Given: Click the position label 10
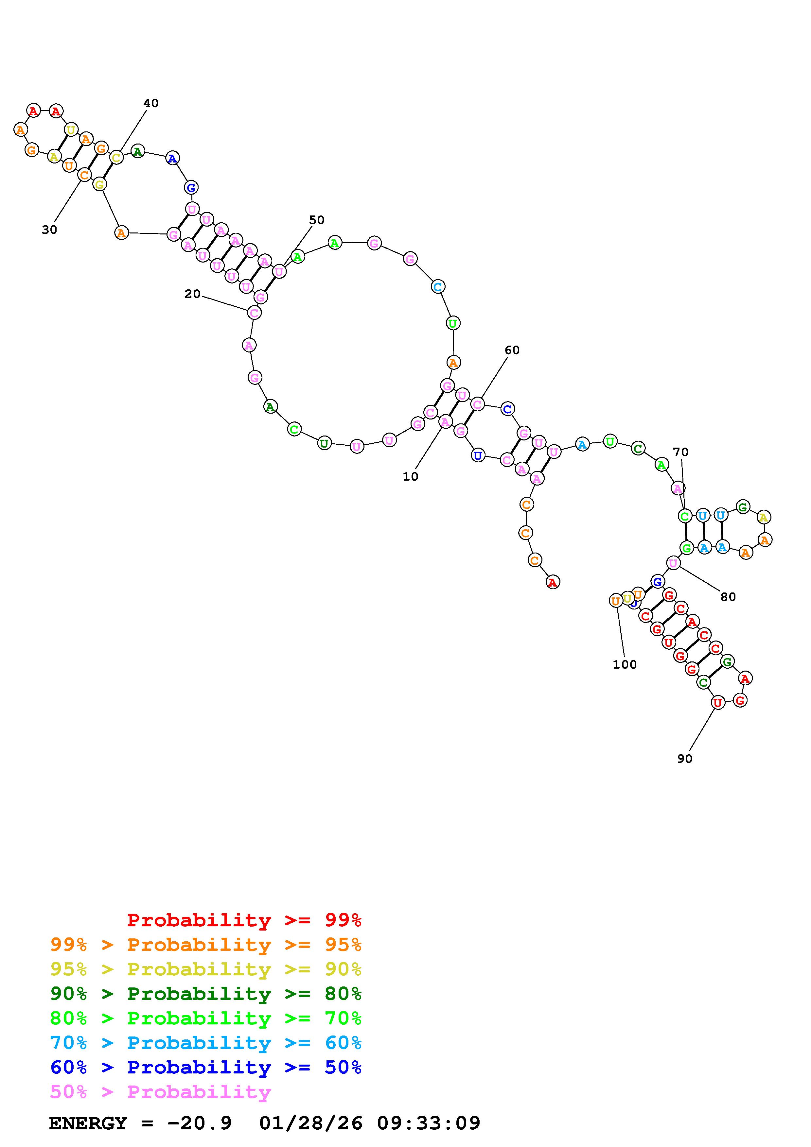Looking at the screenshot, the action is click(x=410, y=477).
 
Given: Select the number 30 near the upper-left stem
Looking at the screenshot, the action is click(x=49, y=230).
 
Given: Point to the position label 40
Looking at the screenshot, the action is click(x=151, y=103).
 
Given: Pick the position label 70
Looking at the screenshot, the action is click(x=680, y=453).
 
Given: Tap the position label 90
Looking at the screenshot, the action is click(x=685, y=759).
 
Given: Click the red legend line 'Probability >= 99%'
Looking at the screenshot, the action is click(x=244, y=920).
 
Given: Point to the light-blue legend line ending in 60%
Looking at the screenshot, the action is click(x=206, y=1043).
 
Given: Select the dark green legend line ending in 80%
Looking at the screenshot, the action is click(x=206, y=994).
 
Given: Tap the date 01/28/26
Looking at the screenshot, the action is click(x=311, y=1123).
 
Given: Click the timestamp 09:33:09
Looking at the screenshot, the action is click(x=429, y=1123).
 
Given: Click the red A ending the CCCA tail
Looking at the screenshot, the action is click(x=552, y=582).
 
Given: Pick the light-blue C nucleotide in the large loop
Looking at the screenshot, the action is click(x=438, y=287).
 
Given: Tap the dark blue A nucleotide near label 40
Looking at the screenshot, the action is click(x=172, y=158).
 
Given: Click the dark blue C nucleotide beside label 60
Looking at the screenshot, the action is click(x=507, y=409).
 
